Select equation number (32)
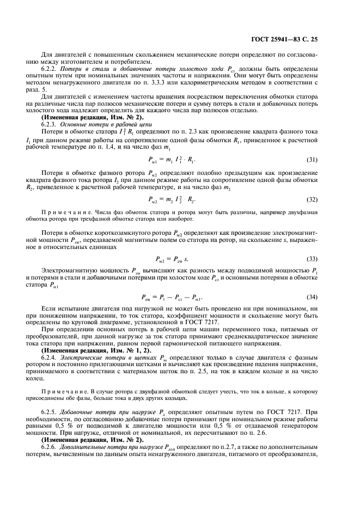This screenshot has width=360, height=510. pos(312,199)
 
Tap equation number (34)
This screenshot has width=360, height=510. pos(312,297)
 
